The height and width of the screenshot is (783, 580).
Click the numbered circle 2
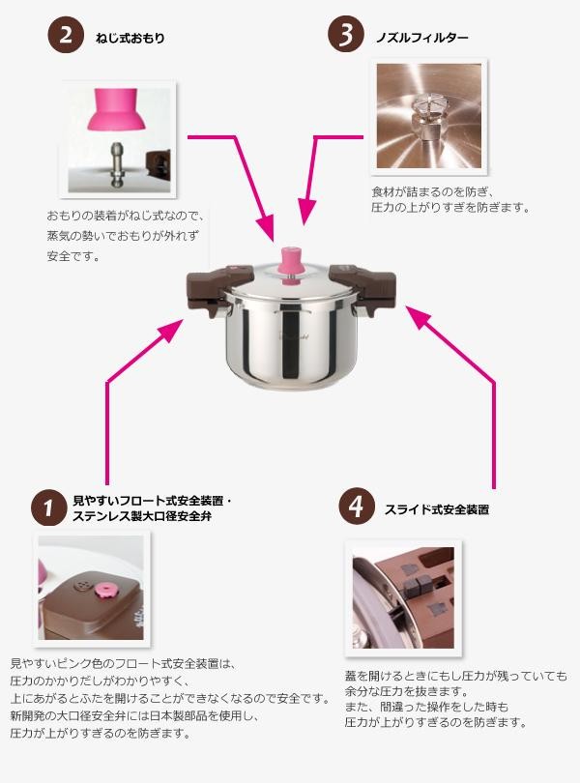(66, 36)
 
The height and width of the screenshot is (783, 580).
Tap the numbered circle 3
(346, 35)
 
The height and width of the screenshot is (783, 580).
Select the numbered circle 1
(48, 507)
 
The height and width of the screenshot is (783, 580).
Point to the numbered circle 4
(357, 507)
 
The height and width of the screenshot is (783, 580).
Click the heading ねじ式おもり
(130, 38)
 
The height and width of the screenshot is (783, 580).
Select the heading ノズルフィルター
(422, 38)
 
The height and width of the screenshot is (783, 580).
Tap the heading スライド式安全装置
(436, 509)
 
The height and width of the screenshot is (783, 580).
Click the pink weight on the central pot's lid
(291, 266)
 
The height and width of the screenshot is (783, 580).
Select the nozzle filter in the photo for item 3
(425, 117)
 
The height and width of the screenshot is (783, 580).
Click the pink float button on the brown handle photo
(106, 591)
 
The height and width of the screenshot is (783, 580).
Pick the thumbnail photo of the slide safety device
(403, 597)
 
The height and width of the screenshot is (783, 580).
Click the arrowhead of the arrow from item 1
(171, 332)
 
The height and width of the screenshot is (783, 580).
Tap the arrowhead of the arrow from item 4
(419, 318)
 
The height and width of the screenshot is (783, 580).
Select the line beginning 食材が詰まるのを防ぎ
(433, 192)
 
